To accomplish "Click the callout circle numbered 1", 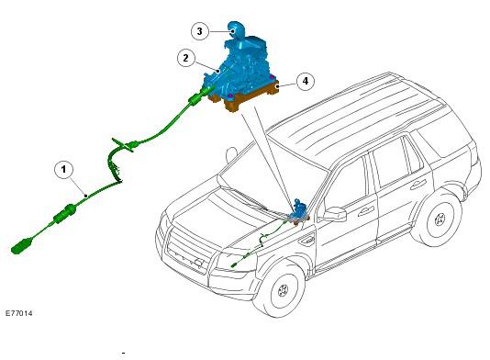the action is [x=63, y=170].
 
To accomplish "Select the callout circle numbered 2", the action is [x=186, y=58].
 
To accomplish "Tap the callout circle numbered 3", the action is [x=200, y=31].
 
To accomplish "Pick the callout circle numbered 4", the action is [x=306, y=82].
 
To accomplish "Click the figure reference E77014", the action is [x=18, y=313].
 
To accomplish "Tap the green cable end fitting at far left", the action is [x=21, y=245].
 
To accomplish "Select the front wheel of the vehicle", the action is [x=283, y=291].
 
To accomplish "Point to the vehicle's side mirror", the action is [x=335, y=215].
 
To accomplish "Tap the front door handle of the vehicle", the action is [x=365, y=212].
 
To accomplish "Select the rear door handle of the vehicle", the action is [x=418, y=185].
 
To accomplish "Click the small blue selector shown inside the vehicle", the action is [x=298, y=211].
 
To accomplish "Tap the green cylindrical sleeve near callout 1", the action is [x=65, y=213].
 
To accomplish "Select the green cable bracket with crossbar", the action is [x=124, y=144].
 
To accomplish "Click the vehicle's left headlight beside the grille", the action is [x=233, y=263].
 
